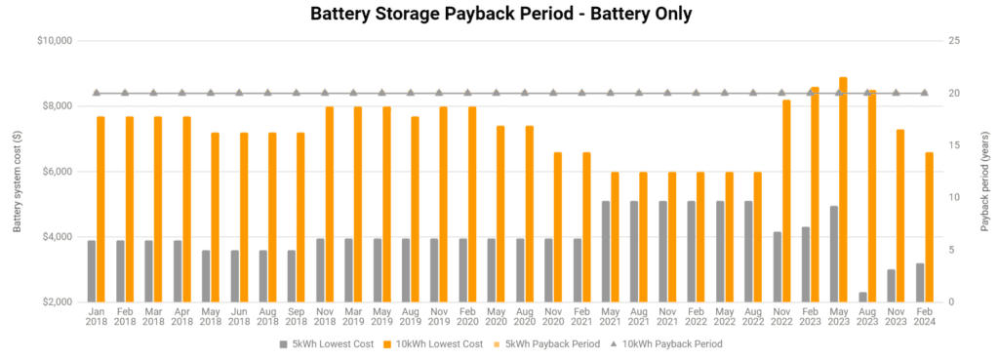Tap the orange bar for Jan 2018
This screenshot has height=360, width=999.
[x=100, y=209]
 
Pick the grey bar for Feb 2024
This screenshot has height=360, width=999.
[x=919, y=282]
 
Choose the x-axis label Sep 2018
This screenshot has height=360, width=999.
[x=296, y=319]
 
